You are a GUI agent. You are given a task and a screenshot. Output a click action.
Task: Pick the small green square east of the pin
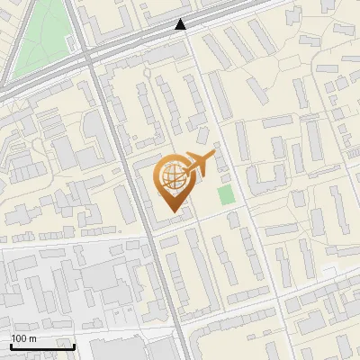225,193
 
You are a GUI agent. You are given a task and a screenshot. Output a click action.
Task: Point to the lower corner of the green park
18,76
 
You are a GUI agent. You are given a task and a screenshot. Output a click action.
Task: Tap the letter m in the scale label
32,338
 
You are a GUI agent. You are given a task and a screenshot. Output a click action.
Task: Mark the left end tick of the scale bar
11,346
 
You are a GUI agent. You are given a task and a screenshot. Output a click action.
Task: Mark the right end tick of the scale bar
74,346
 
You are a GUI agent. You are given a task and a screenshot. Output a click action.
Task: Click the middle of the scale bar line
42,347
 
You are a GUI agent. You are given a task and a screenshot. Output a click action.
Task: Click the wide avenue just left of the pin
139,189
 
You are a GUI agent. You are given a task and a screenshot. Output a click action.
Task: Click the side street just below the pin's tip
180,222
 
